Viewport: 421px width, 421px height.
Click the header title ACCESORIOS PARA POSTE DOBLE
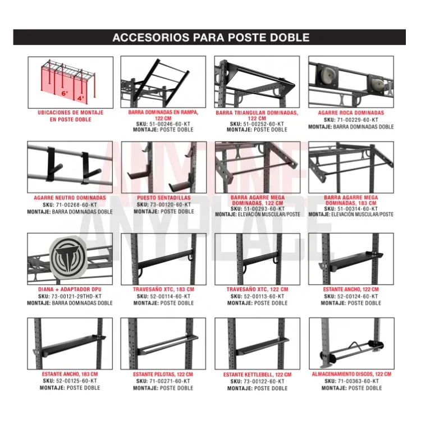pos(210,38)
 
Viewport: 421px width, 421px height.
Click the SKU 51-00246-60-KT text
pos(163,124)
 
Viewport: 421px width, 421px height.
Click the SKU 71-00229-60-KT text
pos(351,120)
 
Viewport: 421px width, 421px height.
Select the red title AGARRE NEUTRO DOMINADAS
pos(70,198)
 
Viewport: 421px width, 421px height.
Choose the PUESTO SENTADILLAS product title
pos(163,198)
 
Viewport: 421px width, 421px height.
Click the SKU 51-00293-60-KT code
pos(257,208)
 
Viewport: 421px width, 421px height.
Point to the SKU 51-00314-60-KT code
pos(351,208)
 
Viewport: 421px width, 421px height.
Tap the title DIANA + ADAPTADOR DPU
pos(70,290)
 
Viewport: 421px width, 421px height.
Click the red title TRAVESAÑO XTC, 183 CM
pos(163,290)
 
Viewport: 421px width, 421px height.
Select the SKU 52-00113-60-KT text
pos(257,296)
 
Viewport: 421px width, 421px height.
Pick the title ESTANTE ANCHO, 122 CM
pos(351,290)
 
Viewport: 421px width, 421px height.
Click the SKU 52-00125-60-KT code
pos(70,381)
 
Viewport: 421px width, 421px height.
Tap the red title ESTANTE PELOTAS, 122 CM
pos(163,374)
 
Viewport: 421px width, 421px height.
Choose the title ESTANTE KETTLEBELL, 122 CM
pos(257,374)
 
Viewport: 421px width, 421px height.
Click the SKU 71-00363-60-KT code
pos(351,381)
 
